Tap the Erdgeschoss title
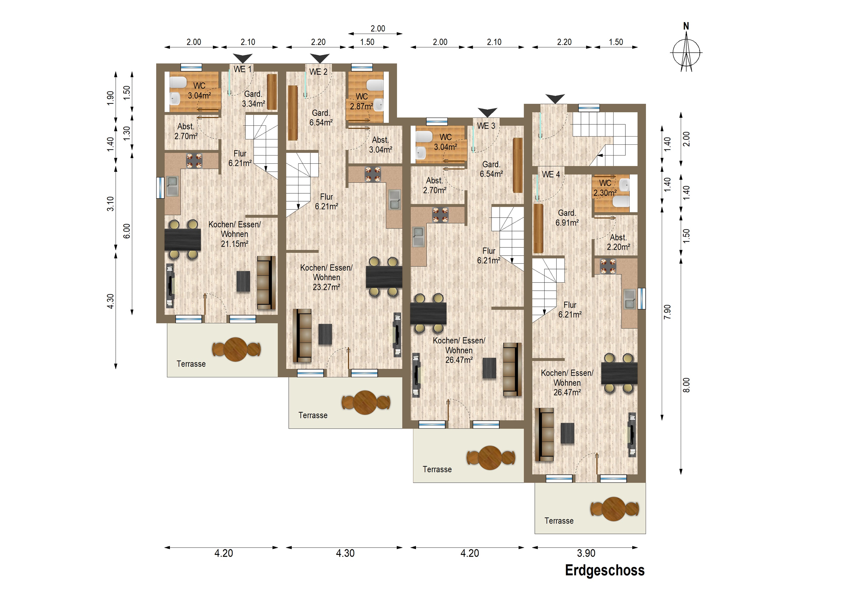pos(605,570)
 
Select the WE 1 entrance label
pos(243,69)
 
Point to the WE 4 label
pos(551,174)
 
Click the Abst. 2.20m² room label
pos(618,242)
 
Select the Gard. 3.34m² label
pos(253,99)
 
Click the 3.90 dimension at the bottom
pos(586,553)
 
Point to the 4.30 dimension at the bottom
pos(345,553)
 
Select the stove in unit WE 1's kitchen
pos(194,161)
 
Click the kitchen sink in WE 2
pos(395,199)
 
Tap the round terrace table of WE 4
pos(614,509)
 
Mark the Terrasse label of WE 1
pos(191,364)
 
